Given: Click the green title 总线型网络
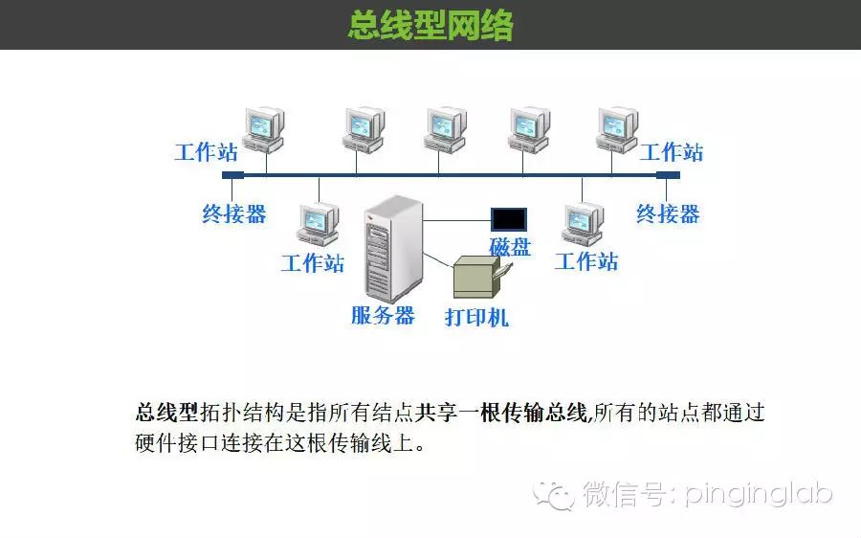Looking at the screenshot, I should click(x=430, y=25).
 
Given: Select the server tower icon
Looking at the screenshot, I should click(x=392, y=249).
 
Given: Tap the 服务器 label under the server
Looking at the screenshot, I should click(x=383, y=315).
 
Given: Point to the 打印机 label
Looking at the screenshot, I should click(x=476, y=318).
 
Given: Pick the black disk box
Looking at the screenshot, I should click(x=509, y=218).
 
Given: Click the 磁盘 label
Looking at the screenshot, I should click(x=510, y=246).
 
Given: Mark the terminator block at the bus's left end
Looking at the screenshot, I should click(x=232, y=175).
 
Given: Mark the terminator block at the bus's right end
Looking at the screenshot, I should click(x=668, y=175).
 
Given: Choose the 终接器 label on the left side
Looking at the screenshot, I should click(x=233, y=213).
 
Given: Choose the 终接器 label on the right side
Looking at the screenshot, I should click(x=668, y=213).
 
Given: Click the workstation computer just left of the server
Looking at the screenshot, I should click(x=318, y=226).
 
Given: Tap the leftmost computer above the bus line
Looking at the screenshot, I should click(x=264, y=129).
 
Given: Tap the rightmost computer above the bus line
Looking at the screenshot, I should click(x=616, y=129).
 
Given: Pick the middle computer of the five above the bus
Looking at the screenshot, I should click(x=445, y=129).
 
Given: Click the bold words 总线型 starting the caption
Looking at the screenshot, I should click(x=166, y=414).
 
